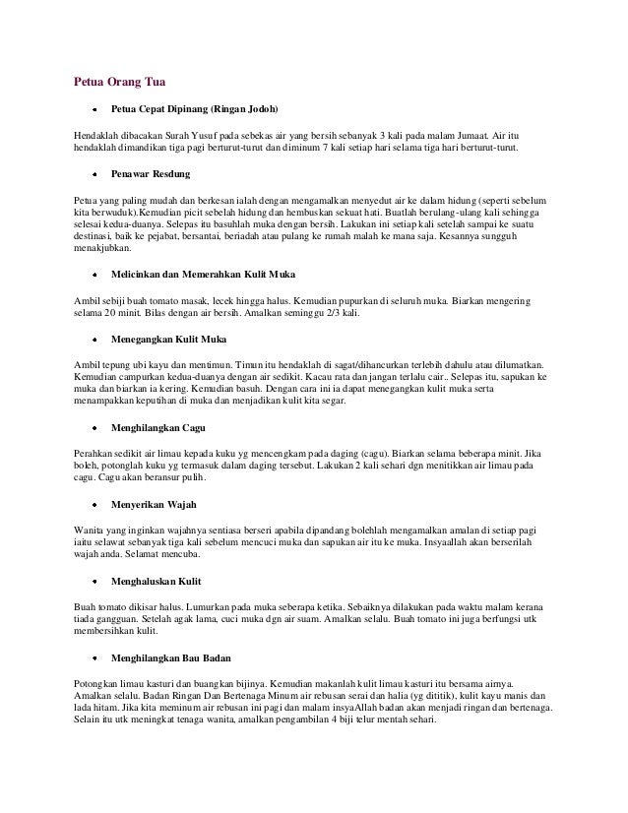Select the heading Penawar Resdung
point(150,172)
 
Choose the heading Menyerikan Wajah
point(156,505)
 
